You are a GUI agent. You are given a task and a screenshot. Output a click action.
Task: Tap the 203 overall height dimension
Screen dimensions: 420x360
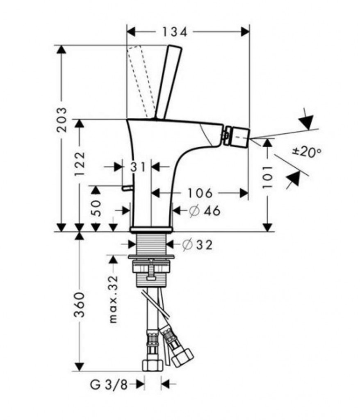(62, 120)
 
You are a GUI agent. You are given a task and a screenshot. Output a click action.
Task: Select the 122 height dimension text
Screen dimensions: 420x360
(79, 164)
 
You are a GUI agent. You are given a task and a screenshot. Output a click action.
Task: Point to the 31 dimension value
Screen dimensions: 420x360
(138, 167)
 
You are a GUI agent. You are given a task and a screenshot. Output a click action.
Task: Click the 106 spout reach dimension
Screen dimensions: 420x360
(200, 192)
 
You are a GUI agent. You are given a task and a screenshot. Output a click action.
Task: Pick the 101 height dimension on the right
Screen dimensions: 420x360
(267, 177)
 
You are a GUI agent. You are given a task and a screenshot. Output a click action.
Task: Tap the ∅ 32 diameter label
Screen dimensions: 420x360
(197, 244)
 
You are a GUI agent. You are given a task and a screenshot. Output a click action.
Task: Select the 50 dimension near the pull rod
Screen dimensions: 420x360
(95, 209)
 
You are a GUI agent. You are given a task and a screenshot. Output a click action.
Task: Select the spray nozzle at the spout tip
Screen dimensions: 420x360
(237, 135)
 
